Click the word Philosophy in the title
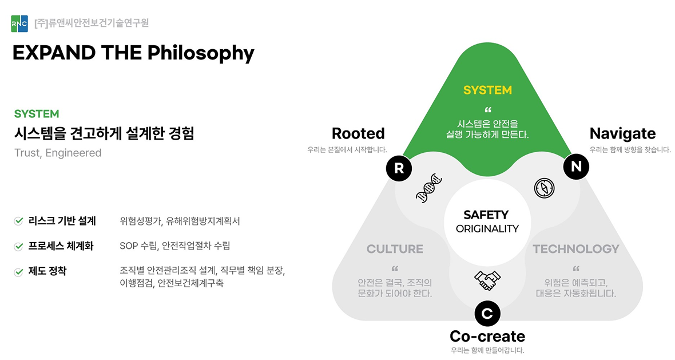pyautogui.click(x=201, y=53)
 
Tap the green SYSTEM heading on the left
pyautogui.click(x=37, y=114)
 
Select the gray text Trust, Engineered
pyautogui.click(x=58, y=153)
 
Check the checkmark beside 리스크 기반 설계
pyautogui.click(x=18, y=221)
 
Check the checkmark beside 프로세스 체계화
pyautogui.click(x=18, y=247)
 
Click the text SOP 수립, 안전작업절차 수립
pyautogui.click(x=174, y=246)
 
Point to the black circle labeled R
pyautogui.click(x=399, y=168)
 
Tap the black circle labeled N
pyautogui.click(x=575, y=167)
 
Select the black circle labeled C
pyautogui.click(x=487, y=312)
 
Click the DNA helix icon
pyautogui.click(x=429, y=187)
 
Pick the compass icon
pyautogui.click(x=544, y=188)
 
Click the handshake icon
pyautogui.click(x=487, y=280)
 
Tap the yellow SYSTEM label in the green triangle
pyautogui.click(x=487, y=90)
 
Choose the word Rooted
pyautogui.click(x=358, y=133)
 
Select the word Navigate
pyautogui.click(x=622, y=133)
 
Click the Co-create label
pyautogui.click(x=487, y=336)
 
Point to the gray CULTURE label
pyautogui.click(x=395, y=249)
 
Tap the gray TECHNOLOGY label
pyautogui.click(x=576, y=249)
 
